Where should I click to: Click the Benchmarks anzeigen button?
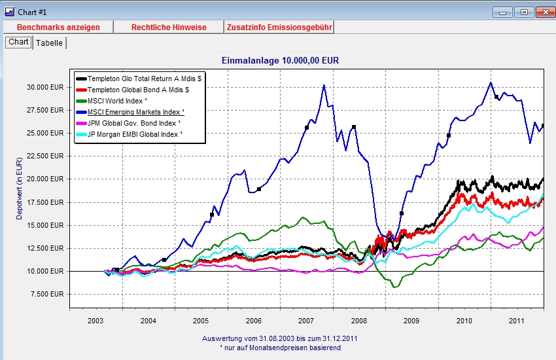[x=58, y=27]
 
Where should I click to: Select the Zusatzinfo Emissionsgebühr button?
[x=279, y=27]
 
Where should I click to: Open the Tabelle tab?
[x=50, y=43]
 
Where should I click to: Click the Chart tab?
[x=18, y=42]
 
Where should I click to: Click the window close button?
[x=545, y=12]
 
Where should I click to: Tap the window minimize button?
[x=502, y=12]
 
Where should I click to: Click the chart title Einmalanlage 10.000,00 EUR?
[x=279, y=60]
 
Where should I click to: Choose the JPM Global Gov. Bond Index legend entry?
[x=136, y=122]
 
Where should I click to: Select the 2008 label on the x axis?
[x=358, y=321]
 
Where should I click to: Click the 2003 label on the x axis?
[x=96, y=321]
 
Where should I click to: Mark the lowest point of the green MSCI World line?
[x=394, y=287]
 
